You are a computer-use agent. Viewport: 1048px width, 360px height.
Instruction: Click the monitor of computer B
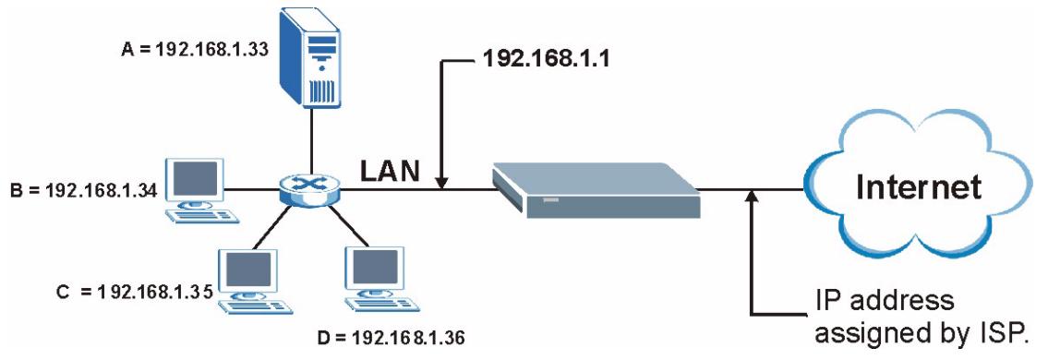click(x=196, y=178)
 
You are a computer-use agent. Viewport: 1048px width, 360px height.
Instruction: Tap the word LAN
click(x=389, y=169)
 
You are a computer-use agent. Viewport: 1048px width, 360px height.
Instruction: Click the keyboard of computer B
click(x=200, y=216)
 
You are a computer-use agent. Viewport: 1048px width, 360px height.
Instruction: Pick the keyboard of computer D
click(x=374, y=306)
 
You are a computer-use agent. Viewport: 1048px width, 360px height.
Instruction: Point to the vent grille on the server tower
click(x=320, y=92)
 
